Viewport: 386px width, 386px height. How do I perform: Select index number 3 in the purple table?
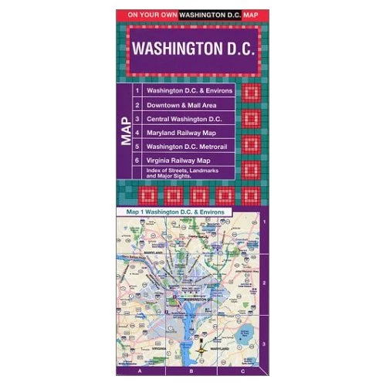tap(137, 119)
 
